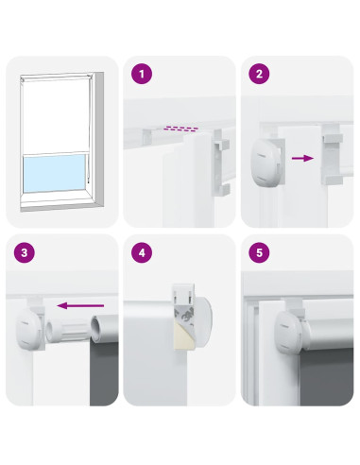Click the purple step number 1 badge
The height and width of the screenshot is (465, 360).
[x=142, y=74]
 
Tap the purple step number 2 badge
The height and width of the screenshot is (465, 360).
[x=259, y=74]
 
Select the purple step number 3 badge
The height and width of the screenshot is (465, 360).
[x=25, y=252]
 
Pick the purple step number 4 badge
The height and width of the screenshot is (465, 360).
[x=142, y=252]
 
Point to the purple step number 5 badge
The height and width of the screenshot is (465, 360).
[x=259, y=252]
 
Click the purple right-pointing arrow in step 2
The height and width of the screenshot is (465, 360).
[x=302, y=158]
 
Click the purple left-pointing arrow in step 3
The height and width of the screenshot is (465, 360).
[x=80, y=305]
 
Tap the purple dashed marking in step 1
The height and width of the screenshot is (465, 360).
[x=182, y=129]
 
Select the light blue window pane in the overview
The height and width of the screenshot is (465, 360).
[x=55, y=173]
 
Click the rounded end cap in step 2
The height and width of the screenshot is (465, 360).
[x=264, y=161]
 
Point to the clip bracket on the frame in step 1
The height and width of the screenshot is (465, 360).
[x=222, y=164]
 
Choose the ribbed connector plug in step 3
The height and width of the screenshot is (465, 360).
[x=67, y=330]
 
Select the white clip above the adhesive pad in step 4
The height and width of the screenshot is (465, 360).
[x=183, y=292]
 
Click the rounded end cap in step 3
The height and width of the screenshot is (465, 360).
[x=28, y=329]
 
